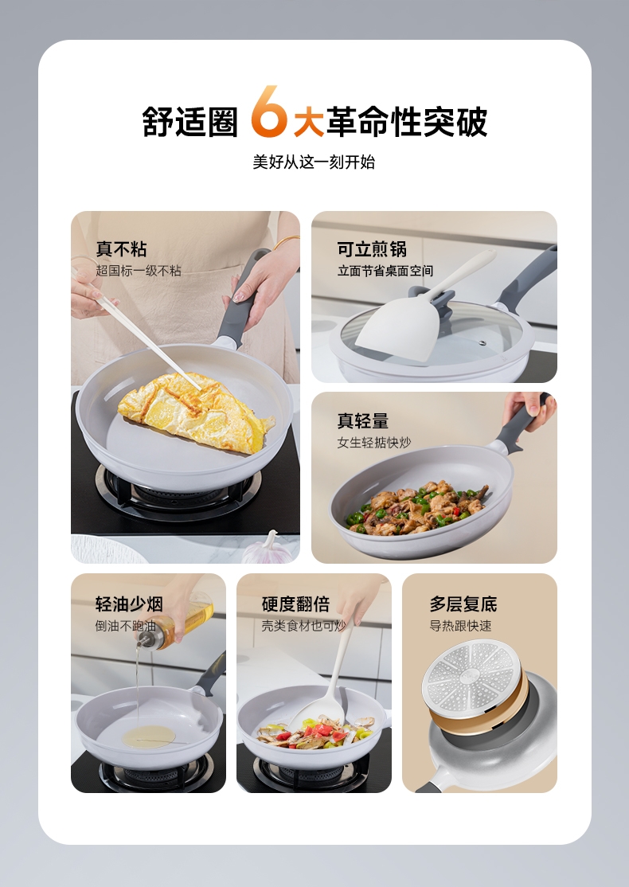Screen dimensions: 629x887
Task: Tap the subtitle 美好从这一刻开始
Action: pyautogui.click(x=314, y=162)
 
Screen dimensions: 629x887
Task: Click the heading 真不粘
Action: pyautogui.click(x=121, y=249)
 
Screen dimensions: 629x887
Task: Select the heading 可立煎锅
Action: pyautogui.click(x=372, y=249)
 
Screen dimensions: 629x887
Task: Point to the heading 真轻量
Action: pyautogui.click(x=363, y=421)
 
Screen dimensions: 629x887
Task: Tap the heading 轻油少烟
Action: pyautogui.click(x=130, y=604)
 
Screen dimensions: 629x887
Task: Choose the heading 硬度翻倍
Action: pyautogui.click(x=296, y=604)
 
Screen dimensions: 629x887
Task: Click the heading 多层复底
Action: pyautogui.click(x=463, y=604)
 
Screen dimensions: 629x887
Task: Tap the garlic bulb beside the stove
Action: pyautogui.click(x=268, y=549)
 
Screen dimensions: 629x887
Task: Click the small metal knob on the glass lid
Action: pyautogui.click(x=482, y=342)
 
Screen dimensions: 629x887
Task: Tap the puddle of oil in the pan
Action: pyautogui.click(x=150, y=737)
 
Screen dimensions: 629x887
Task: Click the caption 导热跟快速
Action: pyautogui.click(x=460, y=626)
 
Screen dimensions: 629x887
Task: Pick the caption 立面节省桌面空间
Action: pyautogui.click(x=386, y=271)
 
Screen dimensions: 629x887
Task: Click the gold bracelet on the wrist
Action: pyautogui.click(x=285, y=242)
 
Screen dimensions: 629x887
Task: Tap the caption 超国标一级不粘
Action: pyautogui.click(x=139, y=271)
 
